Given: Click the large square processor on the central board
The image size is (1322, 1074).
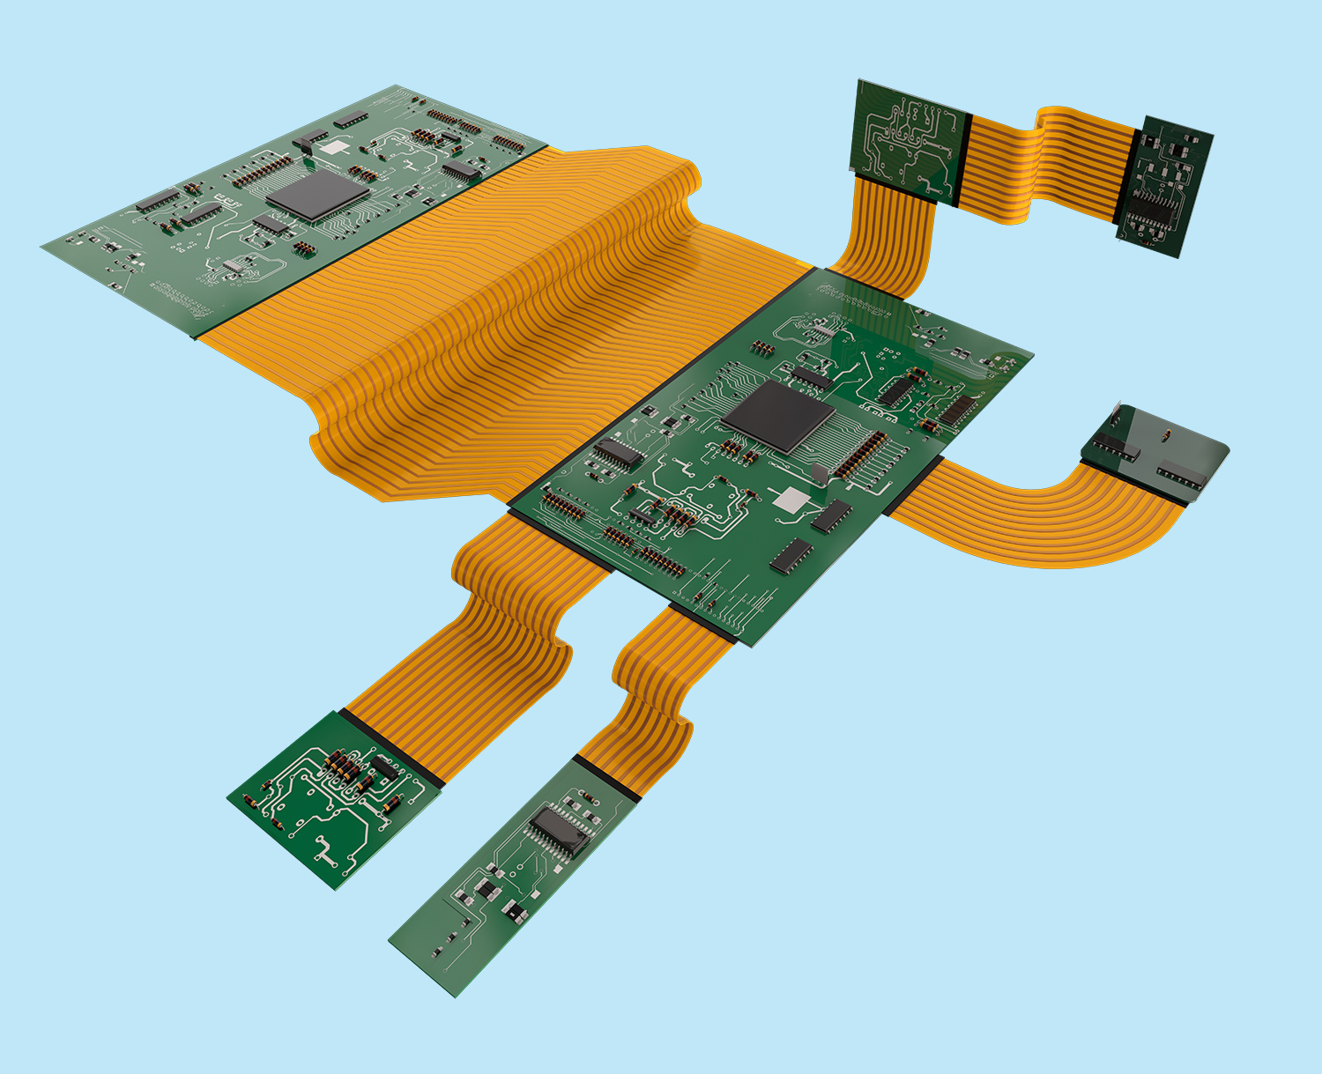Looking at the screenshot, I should click(x=778, y=416).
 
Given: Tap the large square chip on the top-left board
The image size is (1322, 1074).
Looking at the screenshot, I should click(x=318, y=194).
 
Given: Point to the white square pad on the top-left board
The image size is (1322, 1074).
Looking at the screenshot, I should click(x=334, y=147).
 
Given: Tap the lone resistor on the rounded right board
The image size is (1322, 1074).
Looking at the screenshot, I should click(x=1167, y=433).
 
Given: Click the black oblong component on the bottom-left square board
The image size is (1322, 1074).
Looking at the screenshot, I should click(x=382, y=767).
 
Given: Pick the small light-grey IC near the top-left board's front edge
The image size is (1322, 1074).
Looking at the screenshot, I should click(x=234, y=265).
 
